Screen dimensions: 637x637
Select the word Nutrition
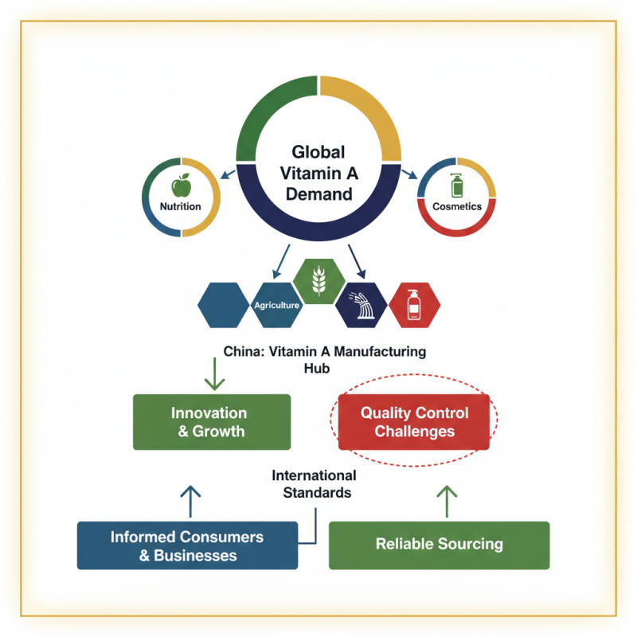click(181, 207)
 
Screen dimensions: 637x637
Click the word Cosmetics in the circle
click(457, 206)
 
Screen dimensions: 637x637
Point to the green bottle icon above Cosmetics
click(457, 186)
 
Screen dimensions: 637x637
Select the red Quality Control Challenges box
click(414, 422)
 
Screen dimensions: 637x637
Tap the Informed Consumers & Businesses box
click(188, 545)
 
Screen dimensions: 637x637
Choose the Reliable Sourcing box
click(439, 545)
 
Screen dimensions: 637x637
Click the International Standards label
click(315, 484)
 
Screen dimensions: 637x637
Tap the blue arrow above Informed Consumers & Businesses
click(190, 502)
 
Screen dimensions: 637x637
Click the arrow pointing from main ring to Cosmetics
click(409, 174)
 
